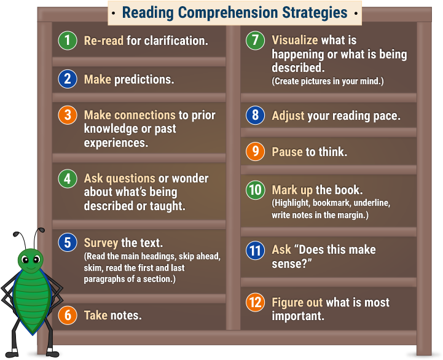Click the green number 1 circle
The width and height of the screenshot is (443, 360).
(x=68, y=41)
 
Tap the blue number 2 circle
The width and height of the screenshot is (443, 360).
(x=68, y=79)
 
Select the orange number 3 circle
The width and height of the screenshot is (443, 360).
(x=68, y=115)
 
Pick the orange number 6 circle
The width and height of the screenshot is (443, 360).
(x=68, y=315)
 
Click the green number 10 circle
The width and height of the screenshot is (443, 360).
(x=256, y=190)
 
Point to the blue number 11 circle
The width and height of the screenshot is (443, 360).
(x=256, y=251)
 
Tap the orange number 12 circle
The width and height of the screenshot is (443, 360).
(x=256, y=302)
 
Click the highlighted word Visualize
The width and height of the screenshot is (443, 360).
(x=295, y=41)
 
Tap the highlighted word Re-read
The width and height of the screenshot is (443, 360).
(x=104, y=41)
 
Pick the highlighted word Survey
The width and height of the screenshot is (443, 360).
(x=101, y=243)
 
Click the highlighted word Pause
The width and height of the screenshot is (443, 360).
(x=287, y=152)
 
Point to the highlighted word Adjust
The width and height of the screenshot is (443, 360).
(x=288, y=116)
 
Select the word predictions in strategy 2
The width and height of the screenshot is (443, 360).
(x=144, y=80)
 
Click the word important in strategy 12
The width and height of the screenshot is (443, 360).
(x=298, y=316)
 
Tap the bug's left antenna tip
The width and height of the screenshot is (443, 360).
(x=15, y=234)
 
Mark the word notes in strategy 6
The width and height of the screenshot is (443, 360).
(x=126, y=315)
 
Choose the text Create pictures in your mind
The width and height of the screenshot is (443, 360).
(x=327, y=81)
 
